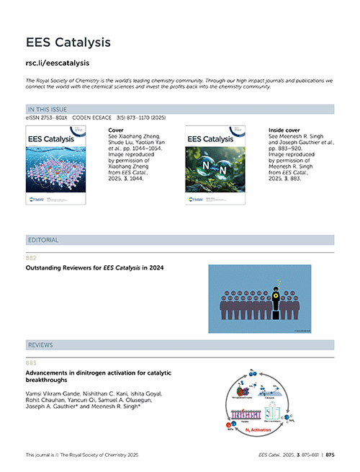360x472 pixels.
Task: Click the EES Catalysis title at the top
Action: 68,43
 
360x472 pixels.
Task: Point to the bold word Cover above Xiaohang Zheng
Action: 114,130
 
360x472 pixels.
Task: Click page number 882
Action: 31,257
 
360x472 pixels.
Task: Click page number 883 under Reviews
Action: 31,362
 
